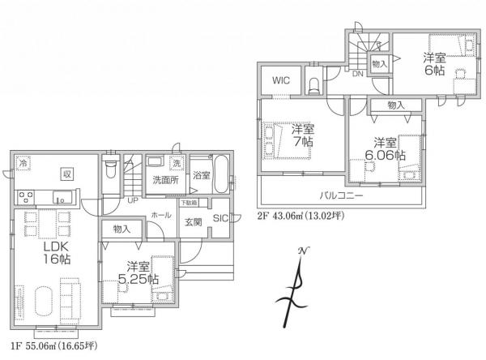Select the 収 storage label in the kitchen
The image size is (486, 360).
click(x=69, y=173)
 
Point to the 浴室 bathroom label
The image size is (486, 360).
click(x=202, y=175)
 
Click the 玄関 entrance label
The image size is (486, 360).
click(x=193, y=222)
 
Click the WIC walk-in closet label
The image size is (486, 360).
click(x=281, y=81)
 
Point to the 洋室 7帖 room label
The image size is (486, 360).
click(x=303, y=135)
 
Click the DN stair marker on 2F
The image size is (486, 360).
click(x=357, y=74)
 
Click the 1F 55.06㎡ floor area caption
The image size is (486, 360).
click(x=50, y=346)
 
